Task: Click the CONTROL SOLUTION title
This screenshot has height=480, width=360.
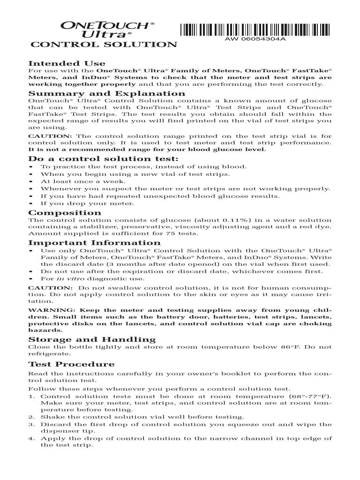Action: [x=104, y=45]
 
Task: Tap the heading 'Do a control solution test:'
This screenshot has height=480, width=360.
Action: [x=104, y=159]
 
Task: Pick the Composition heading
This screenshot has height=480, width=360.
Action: [x=65, y=213]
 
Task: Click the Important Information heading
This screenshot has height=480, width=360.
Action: [x=94, y=243]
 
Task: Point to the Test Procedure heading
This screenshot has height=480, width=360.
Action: [x=71, y=364]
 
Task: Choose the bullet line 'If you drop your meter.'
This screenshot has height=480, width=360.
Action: [x=81, y=204]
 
